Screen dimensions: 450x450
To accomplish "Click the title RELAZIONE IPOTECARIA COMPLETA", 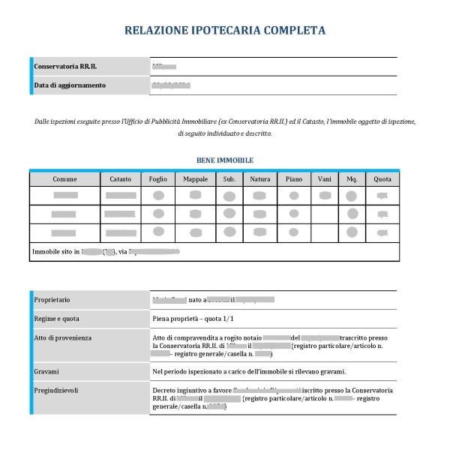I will (x=225, y=31).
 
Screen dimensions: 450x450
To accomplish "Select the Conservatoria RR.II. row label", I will (x=66, y=67).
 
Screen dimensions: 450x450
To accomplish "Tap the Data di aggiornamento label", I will (x=70, y=85).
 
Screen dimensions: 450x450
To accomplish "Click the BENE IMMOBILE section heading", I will (x=225, y=160).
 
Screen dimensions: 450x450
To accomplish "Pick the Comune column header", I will (x=64, y=179).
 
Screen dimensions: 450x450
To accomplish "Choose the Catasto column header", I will (x=119, y=179).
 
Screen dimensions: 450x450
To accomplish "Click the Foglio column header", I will (x=157, y=179).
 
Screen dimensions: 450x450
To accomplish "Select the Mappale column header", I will (x=195, y=179).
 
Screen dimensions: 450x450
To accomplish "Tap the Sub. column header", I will (x=229, y=179).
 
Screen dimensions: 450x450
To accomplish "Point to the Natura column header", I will (x=259, y=179).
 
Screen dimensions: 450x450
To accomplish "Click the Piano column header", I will (x=294, y=179).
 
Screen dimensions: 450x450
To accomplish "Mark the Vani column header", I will (x=325, y=179).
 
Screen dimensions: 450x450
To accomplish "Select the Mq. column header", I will (x=352, y=179).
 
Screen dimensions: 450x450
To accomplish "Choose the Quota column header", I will (x=382, y=179).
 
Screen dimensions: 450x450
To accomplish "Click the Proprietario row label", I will (x=53, y=299).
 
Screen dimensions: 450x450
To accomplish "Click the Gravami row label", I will (x=47, y=370).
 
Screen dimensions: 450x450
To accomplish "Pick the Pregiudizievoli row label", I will (x=58, y=390).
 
